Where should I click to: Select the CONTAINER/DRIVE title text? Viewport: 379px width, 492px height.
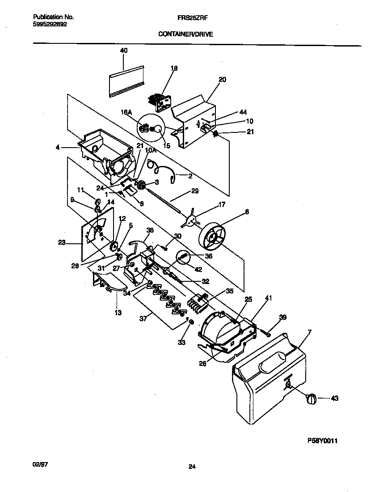coord(185,34)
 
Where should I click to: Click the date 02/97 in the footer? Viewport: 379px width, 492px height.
coord(40,465)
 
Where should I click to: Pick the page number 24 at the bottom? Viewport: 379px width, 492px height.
coord(192,467)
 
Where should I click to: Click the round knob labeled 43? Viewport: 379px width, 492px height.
coord(311,398)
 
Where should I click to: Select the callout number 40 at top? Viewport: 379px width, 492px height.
coord(123,51)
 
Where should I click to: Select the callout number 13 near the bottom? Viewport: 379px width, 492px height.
coord(118,313)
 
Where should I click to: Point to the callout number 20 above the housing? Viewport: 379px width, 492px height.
coord(222,80)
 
